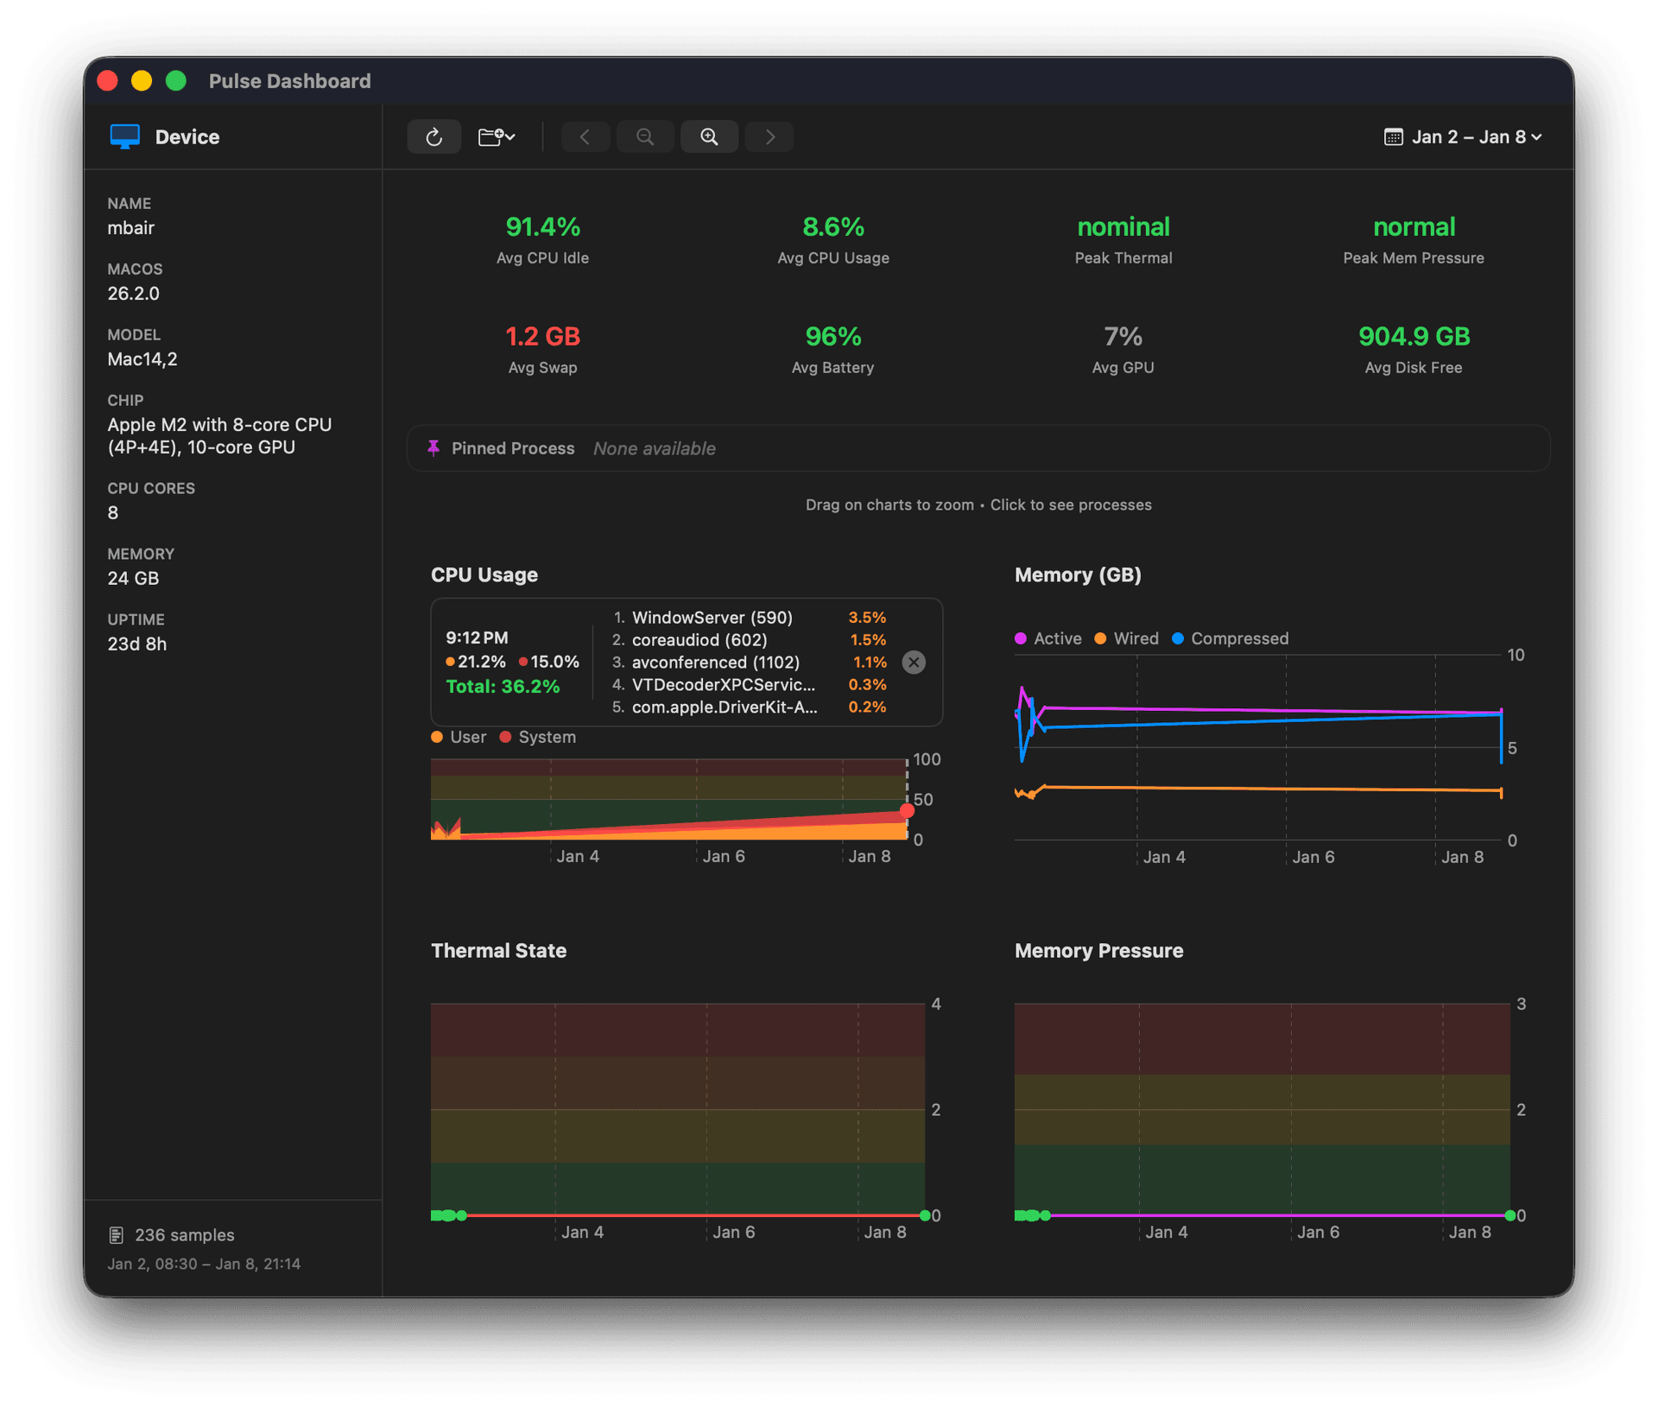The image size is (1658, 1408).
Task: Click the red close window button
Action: [x=108, y=81]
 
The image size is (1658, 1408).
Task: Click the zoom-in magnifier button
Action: [x=709, y=136]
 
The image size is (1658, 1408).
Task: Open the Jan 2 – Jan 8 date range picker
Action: [x=1464, y=136]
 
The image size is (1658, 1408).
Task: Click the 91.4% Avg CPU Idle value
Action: [x=542, y=227]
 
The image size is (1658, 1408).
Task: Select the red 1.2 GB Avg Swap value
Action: [x=542, y=336]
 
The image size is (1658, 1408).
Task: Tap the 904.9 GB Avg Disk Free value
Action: [x=1414, y=336]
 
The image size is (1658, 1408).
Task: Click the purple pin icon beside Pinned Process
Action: [x=433, y=447]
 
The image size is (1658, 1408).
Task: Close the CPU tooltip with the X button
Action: [x=914, y=663]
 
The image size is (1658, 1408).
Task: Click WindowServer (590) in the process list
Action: [x=712, y=618]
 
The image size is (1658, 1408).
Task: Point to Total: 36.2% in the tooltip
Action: [x=503, y=687]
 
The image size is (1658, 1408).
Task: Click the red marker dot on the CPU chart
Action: [x=907, y=810]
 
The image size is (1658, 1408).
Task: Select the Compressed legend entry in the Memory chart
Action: [x=1231, y=638]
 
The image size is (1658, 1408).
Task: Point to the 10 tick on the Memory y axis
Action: [x=1516, y=655]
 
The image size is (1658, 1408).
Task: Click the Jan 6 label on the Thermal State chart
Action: [x=733, y=1232]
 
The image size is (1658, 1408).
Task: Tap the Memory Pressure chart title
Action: [x=1098, y=950]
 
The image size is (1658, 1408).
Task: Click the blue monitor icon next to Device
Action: [x=125, y=136]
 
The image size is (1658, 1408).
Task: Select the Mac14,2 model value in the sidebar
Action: [x=142, y=359]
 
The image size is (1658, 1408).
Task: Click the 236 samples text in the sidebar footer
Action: [x=184, y=1235]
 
